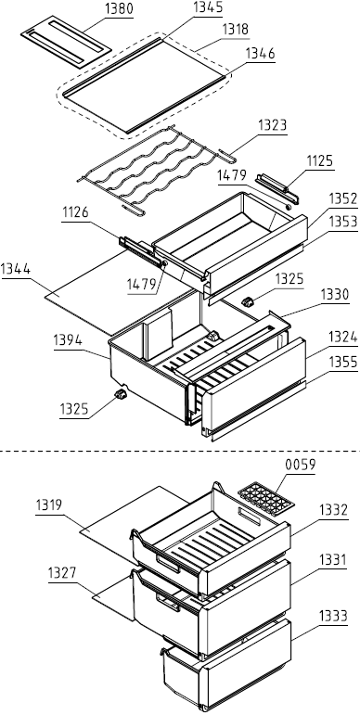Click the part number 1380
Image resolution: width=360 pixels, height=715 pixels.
[x=119, y=10]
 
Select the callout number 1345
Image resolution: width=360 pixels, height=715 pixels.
[x=208, y=7]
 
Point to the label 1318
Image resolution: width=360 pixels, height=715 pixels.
[x=236, y=30]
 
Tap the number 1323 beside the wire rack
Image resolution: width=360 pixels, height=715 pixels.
[x=273, y=125]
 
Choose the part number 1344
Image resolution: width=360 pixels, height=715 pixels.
[x=16, y=270]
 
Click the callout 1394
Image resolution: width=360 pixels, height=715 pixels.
[x=68, y=340]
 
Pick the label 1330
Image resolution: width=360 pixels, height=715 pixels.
[x=335, y=295]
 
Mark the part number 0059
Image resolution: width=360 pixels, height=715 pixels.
[x=301, y=465]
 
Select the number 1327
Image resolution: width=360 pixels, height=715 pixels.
[x=62, y=573]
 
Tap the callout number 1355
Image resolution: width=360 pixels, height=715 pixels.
[x=343, y=363]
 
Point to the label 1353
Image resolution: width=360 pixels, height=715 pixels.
[x=343, y=222]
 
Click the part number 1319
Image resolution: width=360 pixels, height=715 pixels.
[x=49, y=505]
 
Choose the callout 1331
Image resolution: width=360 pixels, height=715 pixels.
[x=333, y=559]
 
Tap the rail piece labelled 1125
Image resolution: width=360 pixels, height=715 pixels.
[x=277, y=188]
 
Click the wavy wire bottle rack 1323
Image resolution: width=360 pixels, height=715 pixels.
[x=156, y=170]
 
